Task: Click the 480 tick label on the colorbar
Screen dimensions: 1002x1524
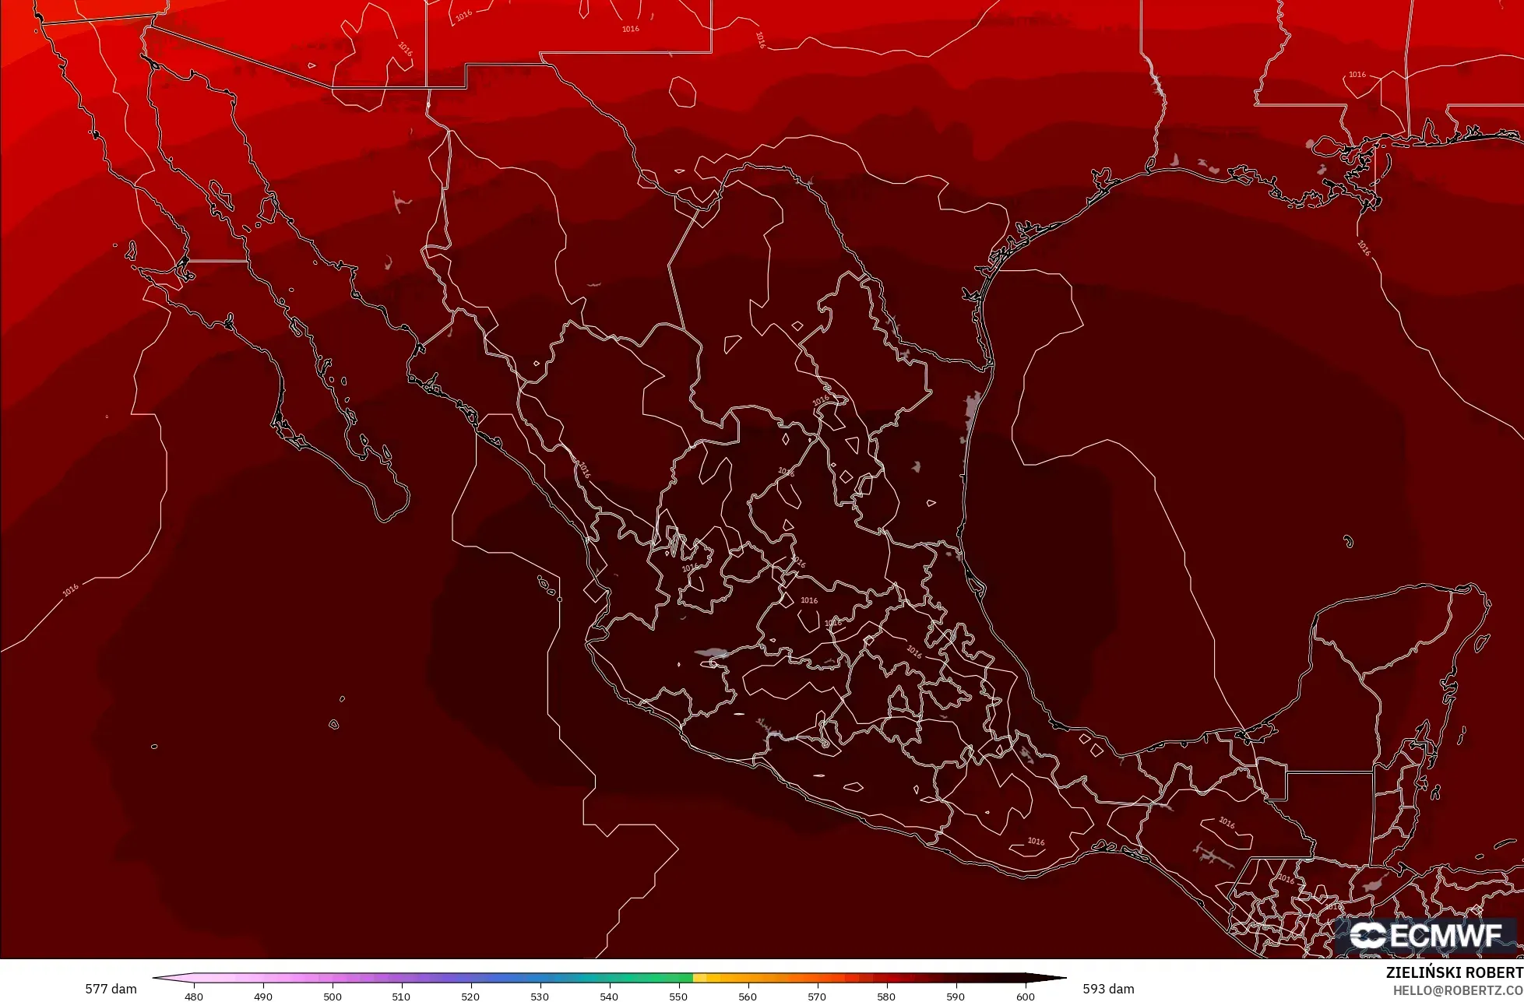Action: [193, 997]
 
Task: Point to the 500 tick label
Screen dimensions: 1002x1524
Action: [333, 997]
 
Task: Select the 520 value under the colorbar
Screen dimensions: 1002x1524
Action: [470, 997]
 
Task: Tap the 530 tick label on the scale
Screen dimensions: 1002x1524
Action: [540, 997]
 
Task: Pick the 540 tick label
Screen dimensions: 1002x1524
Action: [609, 997]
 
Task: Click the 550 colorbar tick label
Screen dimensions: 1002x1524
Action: [678, 997]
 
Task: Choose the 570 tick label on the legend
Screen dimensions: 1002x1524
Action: [817, 997]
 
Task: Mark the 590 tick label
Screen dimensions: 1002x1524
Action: [956, 997]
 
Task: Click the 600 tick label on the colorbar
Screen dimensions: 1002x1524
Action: [1025, 997]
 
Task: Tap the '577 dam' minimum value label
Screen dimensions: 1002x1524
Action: [111, 989]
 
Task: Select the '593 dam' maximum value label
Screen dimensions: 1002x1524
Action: [1108, 989]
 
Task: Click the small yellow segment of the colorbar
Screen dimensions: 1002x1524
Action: [699, 978]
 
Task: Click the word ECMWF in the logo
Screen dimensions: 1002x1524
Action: [1445, 936]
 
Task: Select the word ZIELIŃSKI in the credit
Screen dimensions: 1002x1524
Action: [1424, 972]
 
